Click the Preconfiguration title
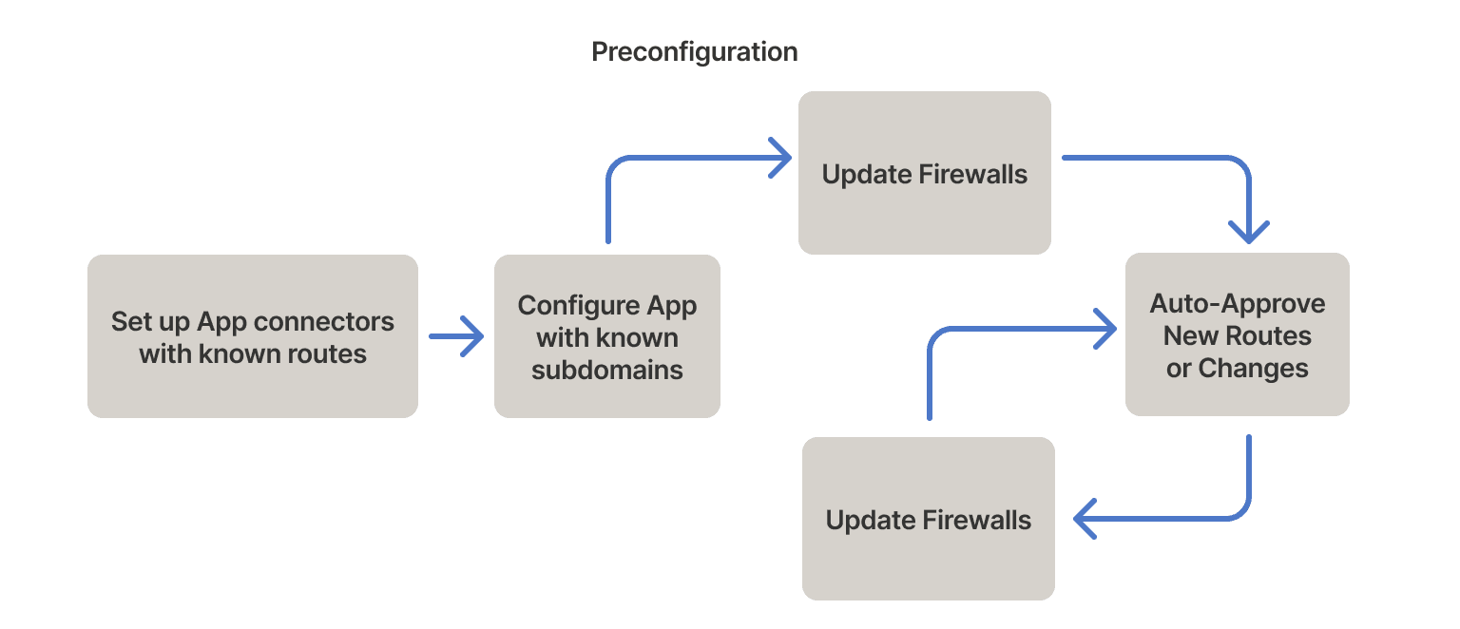tap(694, 51)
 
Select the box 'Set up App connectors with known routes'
tap(253, 336)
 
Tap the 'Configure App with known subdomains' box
tap(606, 336)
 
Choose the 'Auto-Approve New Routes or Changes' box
tap(1237, 334)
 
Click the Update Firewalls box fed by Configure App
tap(924, 174)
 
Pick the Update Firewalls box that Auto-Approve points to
tap(928, 519)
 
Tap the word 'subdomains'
tap(606, 370)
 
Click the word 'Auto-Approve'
tap(1237, 304)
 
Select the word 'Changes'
tap(1253, 368)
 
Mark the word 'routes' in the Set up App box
tap(332, 354)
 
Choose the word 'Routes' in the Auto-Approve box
tap(1270, 335)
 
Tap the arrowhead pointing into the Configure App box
tap(472, 336)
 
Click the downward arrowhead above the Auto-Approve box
tap(1249, 232)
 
